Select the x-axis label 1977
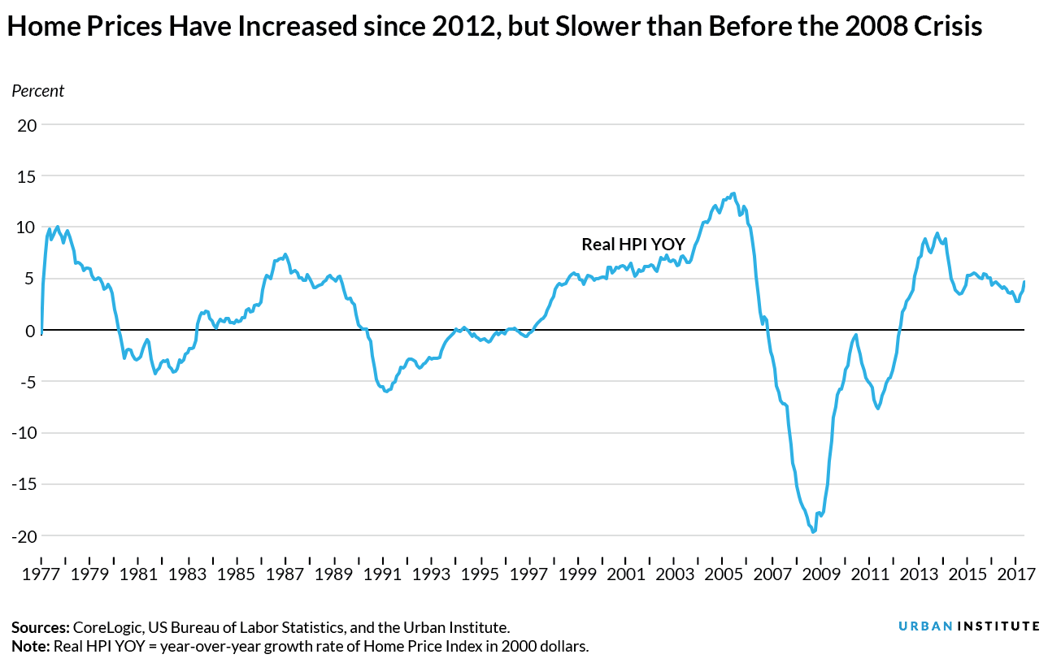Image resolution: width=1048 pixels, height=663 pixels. pyautogui.click(x=41, y=574)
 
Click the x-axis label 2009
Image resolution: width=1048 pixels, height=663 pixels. pyautogui.click(x=821, y=574)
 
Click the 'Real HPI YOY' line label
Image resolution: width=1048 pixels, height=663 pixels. pyautogui.click(x=633, y=244)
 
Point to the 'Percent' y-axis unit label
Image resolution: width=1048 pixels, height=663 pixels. pyautogui.click(x=37, y=91)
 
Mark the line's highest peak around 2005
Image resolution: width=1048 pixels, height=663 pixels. pyautogui.click(x=733, y=193)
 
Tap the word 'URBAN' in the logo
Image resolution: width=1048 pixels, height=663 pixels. pyautogui.click(x=924, y=626)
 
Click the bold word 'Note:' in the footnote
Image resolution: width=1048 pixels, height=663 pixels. pyautogui.click(x=29, y=647)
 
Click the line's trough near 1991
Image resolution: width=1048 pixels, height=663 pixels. pyautogui.click(x=386, y=392)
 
